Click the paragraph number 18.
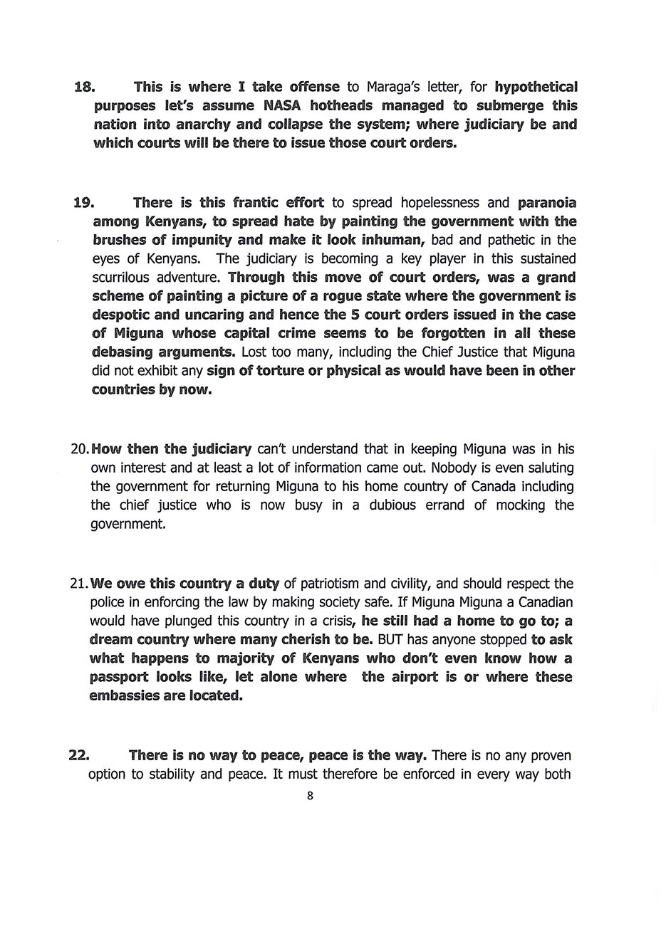coord(84,88)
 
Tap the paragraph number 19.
coord(83,203)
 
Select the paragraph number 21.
coord(78,584)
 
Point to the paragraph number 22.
coord(78,755)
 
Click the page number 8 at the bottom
coord(310,796)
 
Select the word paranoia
coord(547,203)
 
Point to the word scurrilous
coord(128,278)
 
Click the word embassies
coord(124,695)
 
